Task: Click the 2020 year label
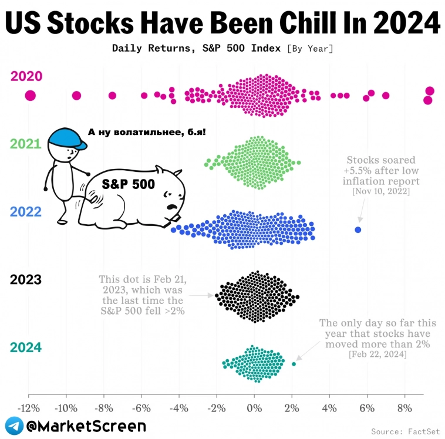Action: pos(26,76)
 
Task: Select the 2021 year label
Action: pos(26,144)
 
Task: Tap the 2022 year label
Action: pos(26,211)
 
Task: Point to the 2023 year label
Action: pos(26,279)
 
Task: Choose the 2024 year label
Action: pos(26,347)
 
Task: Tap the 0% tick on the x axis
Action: pos(254,407)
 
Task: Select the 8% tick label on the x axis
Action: pos(404,407)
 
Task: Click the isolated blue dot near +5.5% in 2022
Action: pos(358,229)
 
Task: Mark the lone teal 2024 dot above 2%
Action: pos(294,364)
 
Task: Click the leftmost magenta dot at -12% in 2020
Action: pos(31,96)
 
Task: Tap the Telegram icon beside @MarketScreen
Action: pos(14,426)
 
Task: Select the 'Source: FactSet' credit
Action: pos(404,431)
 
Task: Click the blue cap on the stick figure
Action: pos(66,139)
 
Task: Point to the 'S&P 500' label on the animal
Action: pos(128,184)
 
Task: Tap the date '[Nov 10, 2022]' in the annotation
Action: pos(380,192)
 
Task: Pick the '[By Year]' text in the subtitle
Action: pos(310,48)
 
